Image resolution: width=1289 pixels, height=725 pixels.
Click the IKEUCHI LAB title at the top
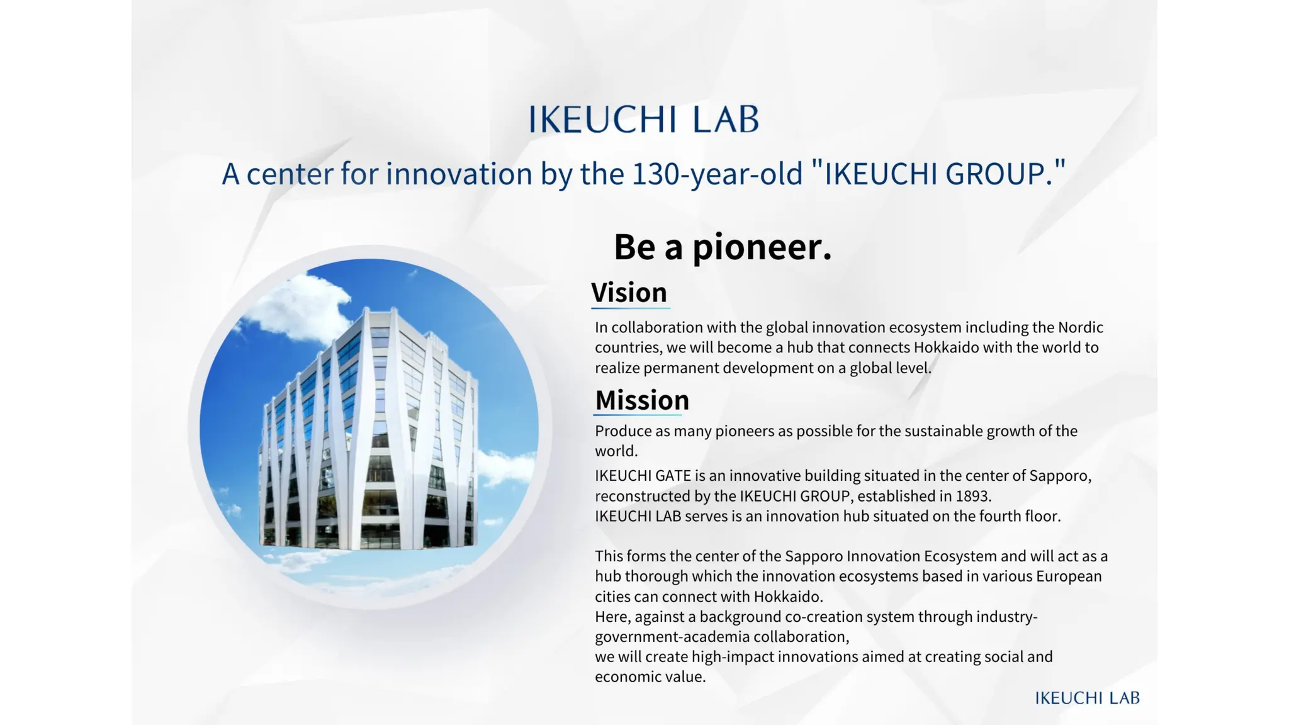click(x=643, y=120)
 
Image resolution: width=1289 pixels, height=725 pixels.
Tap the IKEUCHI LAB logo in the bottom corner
click(x=1087, y=698)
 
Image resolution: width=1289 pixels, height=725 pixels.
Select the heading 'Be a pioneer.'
click(x=723, y=247)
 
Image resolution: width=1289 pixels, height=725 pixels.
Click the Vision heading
click(x=629, y=293)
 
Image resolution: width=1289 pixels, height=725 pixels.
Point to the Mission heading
click(x=642, y=400)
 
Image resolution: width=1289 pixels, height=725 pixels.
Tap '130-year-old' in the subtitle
click(x=718, y=174)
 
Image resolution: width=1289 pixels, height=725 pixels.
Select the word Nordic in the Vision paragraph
click(x=1080, y=327)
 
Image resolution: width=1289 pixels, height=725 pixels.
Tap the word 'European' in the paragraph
click(x=1069, y=576)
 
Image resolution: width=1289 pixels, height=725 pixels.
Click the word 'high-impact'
click(x=733, y=657)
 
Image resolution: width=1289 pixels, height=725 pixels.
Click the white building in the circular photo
click(x=368, y=434)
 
